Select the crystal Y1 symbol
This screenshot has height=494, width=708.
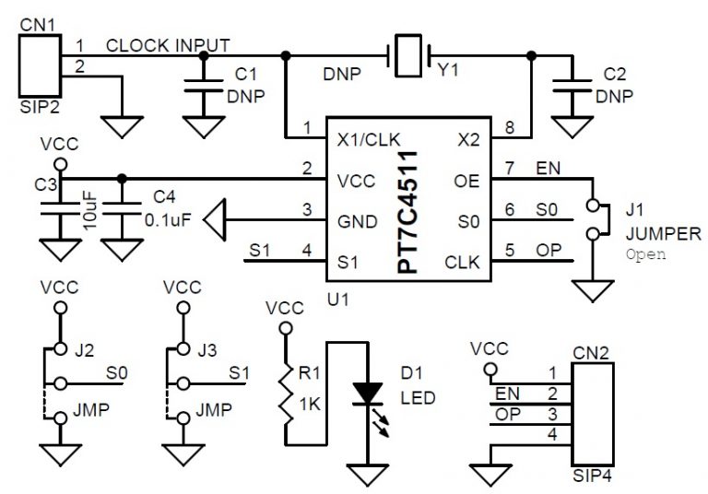[407, 55]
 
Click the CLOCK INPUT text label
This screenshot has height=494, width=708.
[168, 44]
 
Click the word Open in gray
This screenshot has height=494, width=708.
[645, 253]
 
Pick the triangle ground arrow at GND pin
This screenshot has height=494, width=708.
[216, 220]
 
